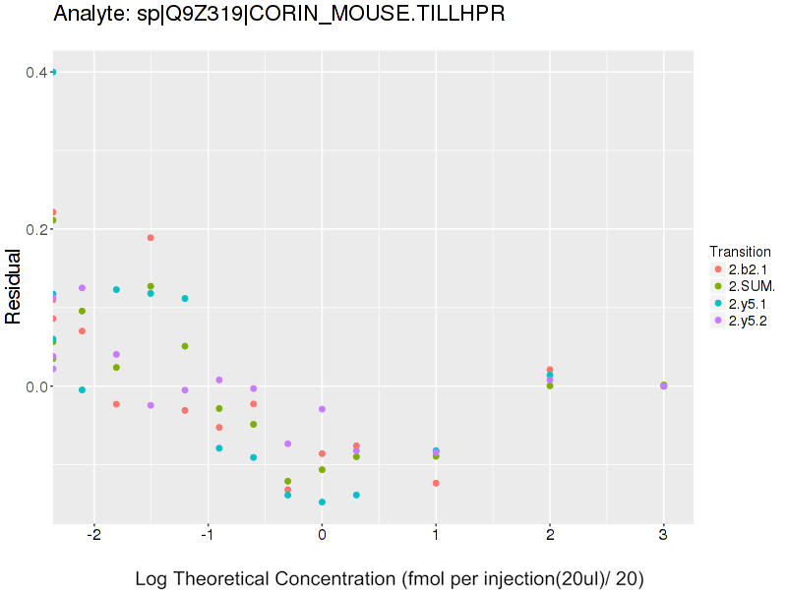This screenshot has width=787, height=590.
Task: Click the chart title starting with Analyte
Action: [x=279, y=14]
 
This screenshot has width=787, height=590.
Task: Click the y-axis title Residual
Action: [x=14, y=286]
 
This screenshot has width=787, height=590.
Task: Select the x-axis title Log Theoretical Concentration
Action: [x=390, y=578]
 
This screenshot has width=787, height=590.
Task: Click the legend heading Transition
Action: [x=740, y=251]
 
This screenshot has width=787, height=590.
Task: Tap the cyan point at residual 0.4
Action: [x=53, y=72]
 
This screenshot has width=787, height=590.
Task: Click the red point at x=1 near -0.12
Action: [x=436, y=483]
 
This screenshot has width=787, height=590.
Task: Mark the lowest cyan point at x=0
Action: [x=322, y=501]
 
